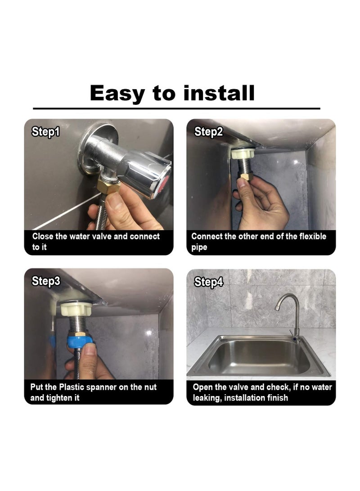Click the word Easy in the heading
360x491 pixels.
[117, 94]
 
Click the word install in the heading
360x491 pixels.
[219, 93]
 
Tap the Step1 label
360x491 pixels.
[46, 131]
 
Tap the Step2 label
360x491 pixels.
[208, 131]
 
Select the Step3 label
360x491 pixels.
[46, 281]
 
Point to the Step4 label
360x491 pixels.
[208, 282]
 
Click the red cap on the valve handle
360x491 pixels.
[163, 185]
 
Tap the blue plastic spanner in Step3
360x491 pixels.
[80, 342]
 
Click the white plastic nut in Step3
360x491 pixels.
[76, 308]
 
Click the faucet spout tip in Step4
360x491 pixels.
[277, 308]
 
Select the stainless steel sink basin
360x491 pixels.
[259, 357]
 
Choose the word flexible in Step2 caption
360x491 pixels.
[313, 236]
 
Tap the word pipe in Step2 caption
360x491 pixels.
[199, 248]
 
